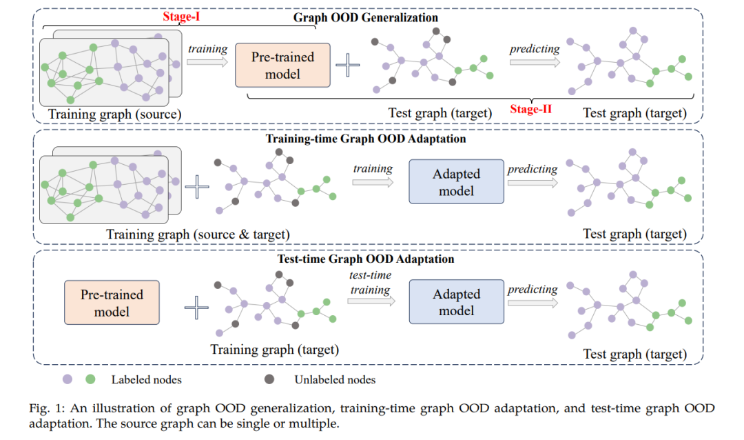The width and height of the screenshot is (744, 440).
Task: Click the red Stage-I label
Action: (x=181, y=17)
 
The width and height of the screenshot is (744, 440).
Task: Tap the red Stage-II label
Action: (x=531, y=109)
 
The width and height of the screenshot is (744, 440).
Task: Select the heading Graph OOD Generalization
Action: (x=365, y=17)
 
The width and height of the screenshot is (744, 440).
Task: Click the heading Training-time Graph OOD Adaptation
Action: (x=365, y=139)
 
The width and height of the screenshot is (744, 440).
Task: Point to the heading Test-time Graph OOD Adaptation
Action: (x=365, y=259)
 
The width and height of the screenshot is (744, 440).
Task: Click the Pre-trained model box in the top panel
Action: (x=283, y=65)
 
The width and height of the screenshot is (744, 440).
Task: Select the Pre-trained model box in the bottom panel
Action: (x=112, y=303)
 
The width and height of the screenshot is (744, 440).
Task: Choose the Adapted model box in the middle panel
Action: (x=457, y=181)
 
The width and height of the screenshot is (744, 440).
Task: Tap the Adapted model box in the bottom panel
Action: (x=457, y=302)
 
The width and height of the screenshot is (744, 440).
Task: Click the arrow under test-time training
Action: (x=371, y=301)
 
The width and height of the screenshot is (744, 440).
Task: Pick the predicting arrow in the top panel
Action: (x=535, y=62)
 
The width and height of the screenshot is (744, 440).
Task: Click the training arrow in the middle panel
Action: (x=373, y=182)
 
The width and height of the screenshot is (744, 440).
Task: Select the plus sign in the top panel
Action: (x=348, y=65)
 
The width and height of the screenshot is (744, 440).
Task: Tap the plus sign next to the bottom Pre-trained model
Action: (x=196, y=308)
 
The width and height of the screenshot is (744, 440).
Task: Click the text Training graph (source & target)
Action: (x=198, y=234)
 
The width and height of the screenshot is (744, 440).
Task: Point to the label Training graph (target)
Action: (x=275, y=350)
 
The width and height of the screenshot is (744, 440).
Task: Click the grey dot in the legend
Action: (x=269, y=379)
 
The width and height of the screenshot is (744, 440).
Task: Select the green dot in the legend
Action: (x=90, y=379)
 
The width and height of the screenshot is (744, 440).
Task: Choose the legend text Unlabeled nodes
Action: (x=335, y=379)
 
